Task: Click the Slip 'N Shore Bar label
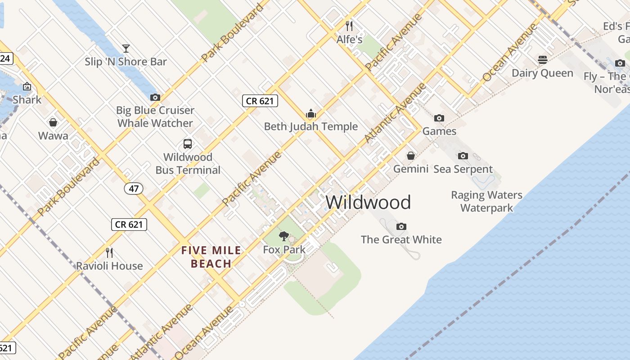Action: coord(126,62)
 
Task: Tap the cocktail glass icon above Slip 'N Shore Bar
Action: coord(126,49)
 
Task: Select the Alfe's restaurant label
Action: coord(349,39)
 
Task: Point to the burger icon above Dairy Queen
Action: coord(542,60)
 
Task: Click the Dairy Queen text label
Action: coord(542,73)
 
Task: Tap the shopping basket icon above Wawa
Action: coord(53,122)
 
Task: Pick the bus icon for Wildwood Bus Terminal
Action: coord(188,144)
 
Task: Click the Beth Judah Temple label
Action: coord(310,126)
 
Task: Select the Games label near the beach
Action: coord(439,131)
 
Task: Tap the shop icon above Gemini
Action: coord(411,156)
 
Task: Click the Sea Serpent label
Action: coord(463,169)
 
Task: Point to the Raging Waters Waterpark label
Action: coord(486,201)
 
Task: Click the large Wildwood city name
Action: coord(368,202)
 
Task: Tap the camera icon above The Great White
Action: coord(401,226)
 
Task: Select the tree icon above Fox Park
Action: coord(284,236)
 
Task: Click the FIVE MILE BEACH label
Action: coord(211,257)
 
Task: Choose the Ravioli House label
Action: coord(109,265)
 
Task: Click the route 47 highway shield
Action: coord(133,189)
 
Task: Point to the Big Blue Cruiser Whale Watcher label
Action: coord(155,117)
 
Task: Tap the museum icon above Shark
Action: coord(27,86)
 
